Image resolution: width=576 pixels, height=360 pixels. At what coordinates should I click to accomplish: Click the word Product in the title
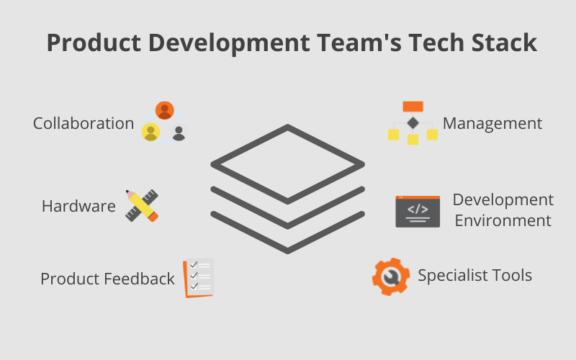coord(94,43)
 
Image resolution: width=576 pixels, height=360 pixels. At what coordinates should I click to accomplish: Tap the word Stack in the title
coord(505,43)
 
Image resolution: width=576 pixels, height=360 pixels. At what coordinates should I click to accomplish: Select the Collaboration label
coord(84,123)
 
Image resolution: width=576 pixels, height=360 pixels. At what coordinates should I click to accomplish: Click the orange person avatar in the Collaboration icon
coord(165,111)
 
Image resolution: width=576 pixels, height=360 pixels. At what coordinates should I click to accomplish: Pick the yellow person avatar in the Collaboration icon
coord(151,132)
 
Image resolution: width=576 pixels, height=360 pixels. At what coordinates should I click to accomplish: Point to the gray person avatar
coord(179,132)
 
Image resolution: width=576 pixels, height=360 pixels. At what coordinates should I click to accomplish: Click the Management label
coord(492,123)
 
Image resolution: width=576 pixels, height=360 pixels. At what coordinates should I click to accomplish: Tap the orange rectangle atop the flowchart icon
coord(413,107)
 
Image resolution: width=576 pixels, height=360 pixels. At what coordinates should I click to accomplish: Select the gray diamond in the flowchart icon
coord(413,122)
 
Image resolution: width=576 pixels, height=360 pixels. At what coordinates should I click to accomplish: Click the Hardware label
coord(78,206)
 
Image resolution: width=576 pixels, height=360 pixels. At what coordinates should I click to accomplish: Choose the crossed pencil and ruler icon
coord(142,206)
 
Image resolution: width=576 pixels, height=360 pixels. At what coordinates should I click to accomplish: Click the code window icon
coord(418,212)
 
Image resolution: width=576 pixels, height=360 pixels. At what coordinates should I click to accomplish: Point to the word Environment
coord(503,221)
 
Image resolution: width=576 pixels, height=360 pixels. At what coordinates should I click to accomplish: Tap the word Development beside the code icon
coord(503,200)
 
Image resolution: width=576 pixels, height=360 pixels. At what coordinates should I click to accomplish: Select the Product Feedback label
coord(107,279)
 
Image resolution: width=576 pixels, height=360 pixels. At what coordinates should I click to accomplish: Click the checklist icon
coord(199,278)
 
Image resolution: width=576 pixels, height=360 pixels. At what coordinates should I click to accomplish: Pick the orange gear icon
coord(391,277)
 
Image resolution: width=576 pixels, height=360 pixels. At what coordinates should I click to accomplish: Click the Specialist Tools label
coord(475,276)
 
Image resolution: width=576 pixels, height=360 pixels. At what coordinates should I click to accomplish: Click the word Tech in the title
coord(437,43)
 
